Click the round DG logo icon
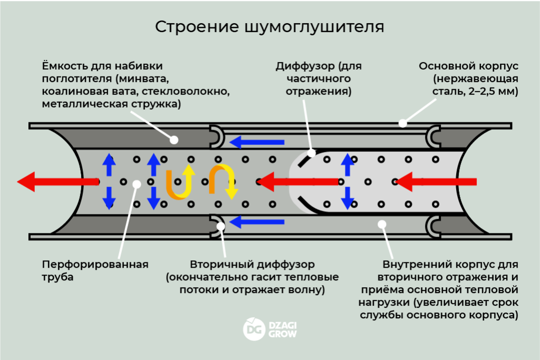pos(254,329)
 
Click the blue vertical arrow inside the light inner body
pos(348,181)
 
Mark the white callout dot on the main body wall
pos(402,124)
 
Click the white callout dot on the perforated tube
pos(137,183)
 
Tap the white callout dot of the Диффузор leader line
pos(311,153)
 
